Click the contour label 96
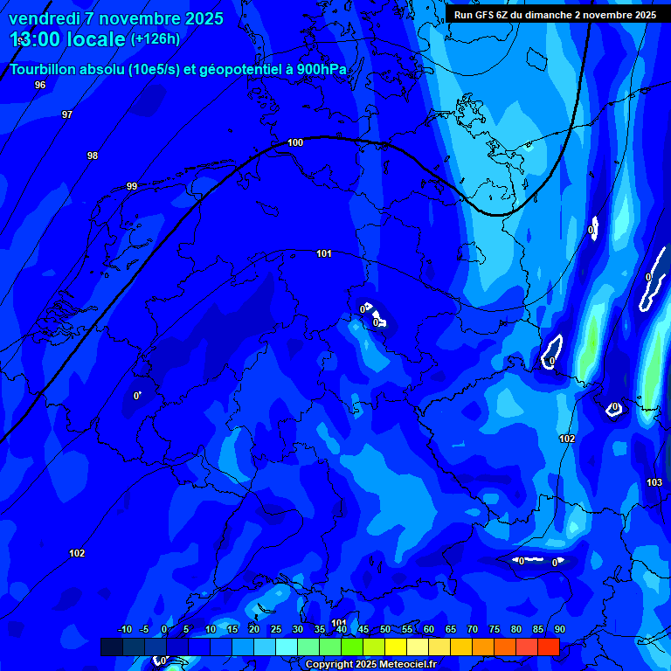click(x=40, y=85)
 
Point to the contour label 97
click(x=67, y=114)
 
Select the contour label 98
click(x=93, y=156)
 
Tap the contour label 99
click(x=132, y=186)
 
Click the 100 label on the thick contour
click(x=295, y=142)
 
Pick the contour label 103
click(x=654, y=482)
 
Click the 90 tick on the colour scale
click(x=559, y=629)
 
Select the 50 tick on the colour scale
click(x=385, y=629)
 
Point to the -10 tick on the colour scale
click(x=124, y=629)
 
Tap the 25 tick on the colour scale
click(x=276, y=629)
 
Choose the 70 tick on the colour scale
click(x=473, y=629)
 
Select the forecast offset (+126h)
click(x=156, y=38)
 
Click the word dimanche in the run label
click(x=546, y=15)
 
